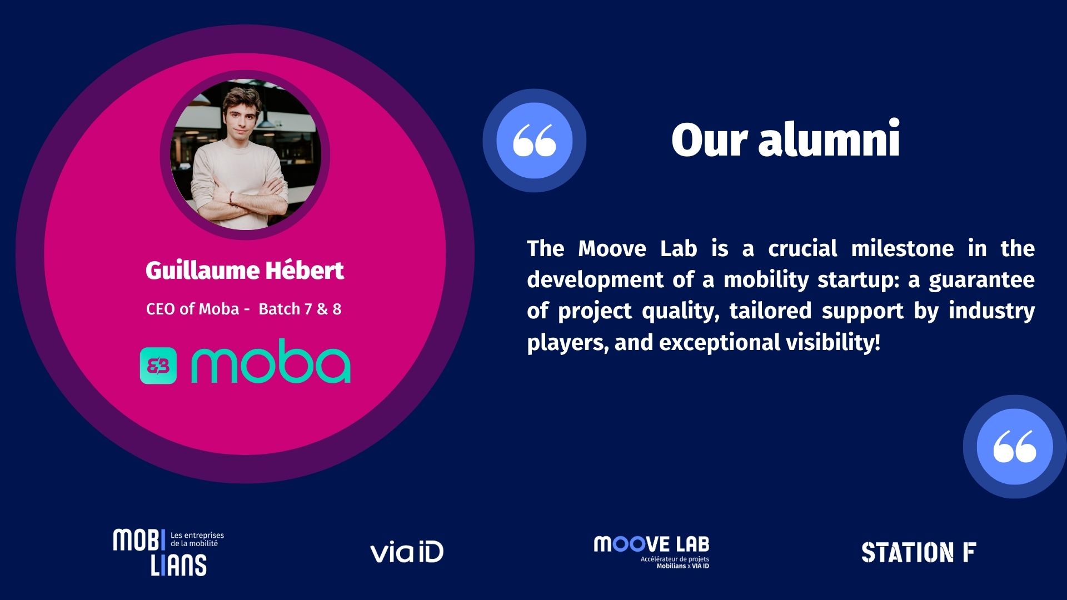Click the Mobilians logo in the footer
coord(168,552)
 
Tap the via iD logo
coord(407,552)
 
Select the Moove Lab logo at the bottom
coord(652,552)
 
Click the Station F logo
coord(919,552)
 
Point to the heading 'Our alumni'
coord(785,139)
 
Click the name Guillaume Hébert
coord(245,271)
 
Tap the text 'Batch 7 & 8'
coord(300,309)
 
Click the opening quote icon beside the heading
coord(534,141)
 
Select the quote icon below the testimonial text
coord(1015,446)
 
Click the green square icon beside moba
coord(158,366)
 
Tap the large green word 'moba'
coord(271,361)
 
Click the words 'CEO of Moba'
coord(192,309)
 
